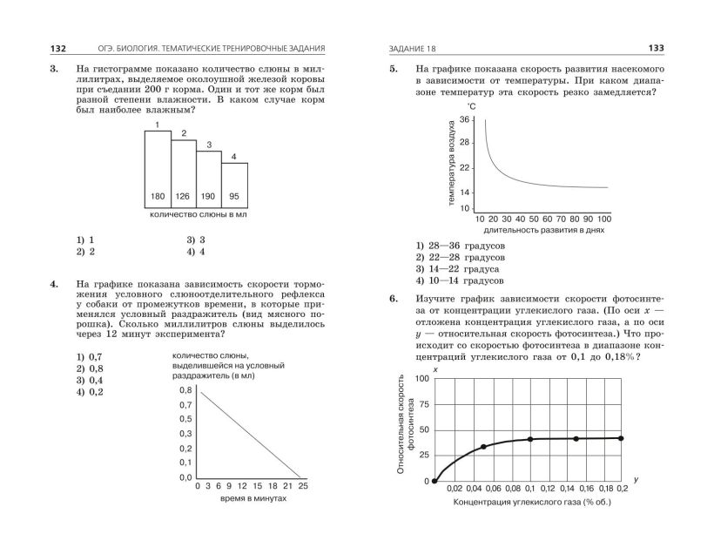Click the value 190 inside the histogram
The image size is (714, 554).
click(209, 195)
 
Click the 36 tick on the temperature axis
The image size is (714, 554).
click(464, 119)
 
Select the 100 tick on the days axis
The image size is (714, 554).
click(604, 218)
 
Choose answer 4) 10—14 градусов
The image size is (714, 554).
click(460, 281)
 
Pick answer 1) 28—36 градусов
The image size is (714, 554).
click(460, 246)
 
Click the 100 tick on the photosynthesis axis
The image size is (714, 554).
click(421, 379)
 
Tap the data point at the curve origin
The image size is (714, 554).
click(434, 482)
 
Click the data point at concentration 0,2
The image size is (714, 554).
click(621, 438)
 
